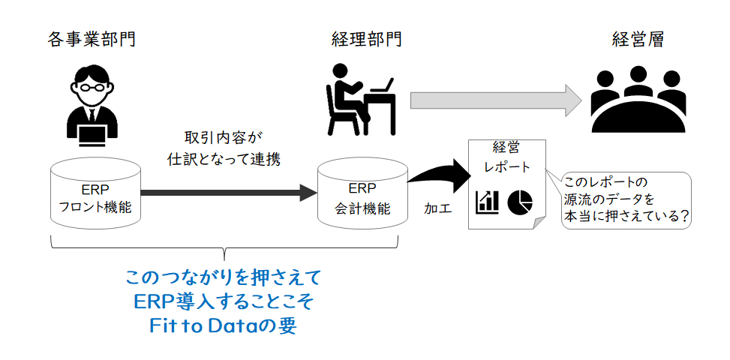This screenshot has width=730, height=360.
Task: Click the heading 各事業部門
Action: click(92, 40)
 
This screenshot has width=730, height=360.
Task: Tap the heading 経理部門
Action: click(366, 40)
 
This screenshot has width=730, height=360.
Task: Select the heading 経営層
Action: click(638, 40)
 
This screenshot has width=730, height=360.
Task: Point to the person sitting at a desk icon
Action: click(361, 99)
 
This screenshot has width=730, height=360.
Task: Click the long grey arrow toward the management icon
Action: click(496, 100)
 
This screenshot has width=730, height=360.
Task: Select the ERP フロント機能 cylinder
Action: click(95, 192)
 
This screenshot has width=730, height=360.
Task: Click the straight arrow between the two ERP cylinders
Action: click(229, 192)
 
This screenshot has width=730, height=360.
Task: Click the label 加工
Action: click(437, 208)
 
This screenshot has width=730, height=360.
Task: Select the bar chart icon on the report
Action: click(487, 202)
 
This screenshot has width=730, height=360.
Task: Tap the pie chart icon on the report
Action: click(520, 202)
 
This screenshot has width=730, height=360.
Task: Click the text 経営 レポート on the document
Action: click(507, 157)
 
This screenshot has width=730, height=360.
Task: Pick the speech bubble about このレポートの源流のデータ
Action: click(626, 200)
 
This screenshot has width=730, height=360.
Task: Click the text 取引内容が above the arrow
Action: click(224, 139)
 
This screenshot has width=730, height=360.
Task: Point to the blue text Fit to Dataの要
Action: click(223, 326)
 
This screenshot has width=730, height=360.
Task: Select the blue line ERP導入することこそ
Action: click(224, 303)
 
